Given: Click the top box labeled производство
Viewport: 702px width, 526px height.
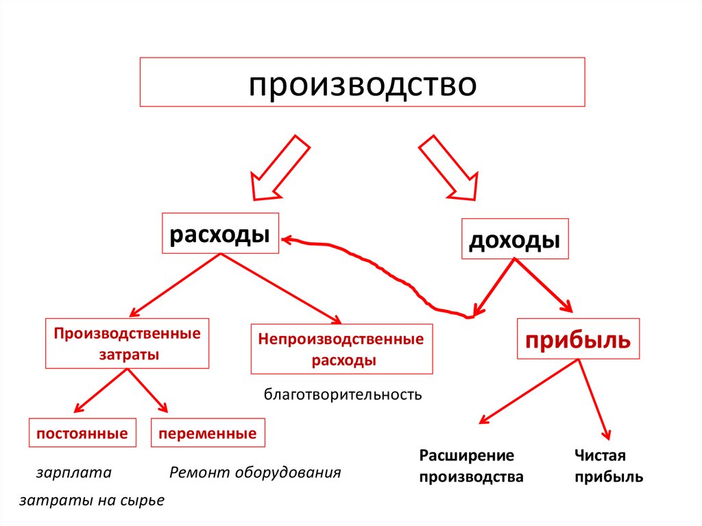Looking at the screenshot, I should [362, 82].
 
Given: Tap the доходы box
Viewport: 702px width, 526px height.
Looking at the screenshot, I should [515, 239].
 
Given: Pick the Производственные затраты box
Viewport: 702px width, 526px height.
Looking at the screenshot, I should [128, 344].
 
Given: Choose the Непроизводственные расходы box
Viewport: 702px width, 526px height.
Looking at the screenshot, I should [341, 349].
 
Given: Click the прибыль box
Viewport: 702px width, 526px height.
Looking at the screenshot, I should [577, 339].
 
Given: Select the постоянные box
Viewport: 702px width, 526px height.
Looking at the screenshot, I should [82, 433].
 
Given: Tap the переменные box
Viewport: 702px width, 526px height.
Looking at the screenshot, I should [207, 433].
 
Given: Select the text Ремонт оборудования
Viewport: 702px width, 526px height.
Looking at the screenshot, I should [255, 473].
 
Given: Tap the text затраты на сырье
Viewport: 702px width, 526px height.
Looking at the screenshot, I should [92, 501].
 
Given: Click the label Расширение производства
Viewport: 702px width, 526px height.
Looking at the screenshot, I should [472, 466].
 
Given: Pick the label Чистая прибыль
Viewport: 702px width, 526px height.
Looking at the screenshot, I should [609, 466].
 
